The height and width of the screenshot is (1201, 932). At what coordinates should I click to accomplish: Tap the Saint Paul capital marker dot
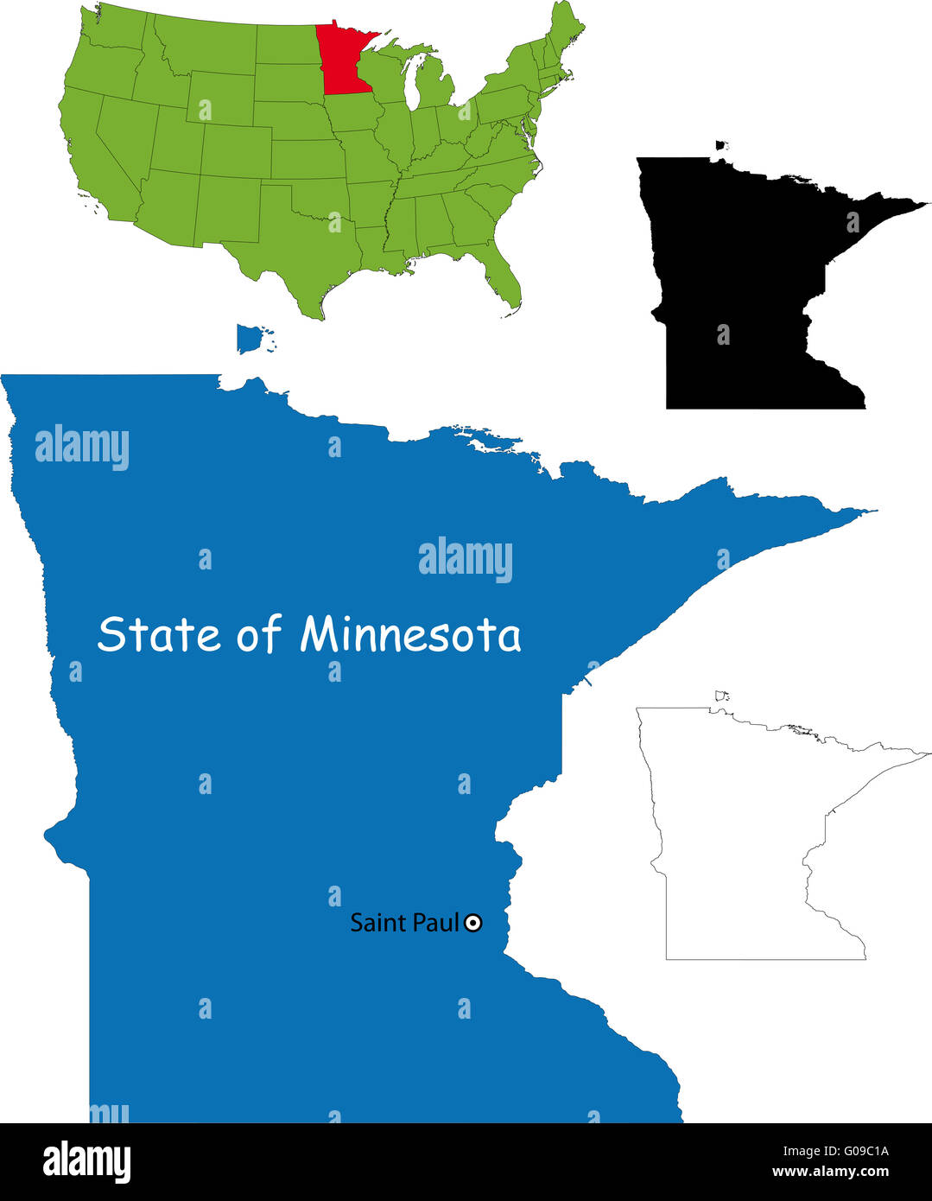coord(472,924)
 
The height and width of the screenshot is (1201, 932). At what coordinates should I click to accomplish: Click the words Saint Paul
coord(403,923)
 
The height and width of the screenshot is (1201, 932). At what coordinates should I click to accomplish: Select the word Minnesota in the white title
coord(410,635)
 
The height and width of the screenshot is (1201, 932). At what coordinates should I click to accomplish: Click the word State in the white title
coord(160,635)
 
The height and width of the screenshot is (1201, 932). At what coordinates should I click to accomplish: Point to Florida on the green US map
coord(504,277)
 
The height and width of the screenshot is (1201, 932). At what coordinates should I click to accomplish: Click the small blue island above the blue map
coord(250,339)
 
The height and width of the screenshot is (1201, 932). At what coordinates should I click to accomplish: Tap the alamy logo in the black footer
coord(86,1161)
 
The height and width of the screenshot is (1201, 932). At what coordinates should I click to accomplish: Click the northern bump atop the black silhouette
coord(721,146)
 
